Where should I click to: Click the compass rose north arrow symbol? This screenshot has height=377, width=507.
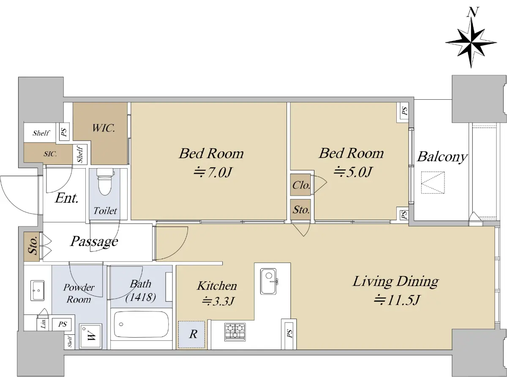pos(471,43)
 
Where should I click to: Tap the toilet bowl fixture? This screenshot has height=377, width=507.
pos(105,182)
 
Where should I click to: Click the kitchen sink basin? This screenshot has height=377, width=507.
pos(269,281)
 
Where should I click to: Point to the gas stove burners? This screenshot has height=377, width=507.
pos(235,332)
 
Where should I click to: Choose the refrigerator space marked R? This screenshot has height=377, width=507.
pos(191,335)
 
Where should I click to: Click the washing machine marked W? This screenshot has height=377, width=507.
pos(90,336)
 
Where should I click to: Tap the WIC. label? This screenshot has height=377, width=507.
pos(104,128)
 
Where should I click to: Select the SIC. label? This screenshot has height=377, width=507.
pos(50,154)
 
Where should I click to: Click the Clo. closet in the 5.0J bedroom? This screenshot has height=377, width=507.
pos(300,185)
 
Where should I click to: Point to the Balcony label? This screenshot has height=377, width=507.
pos(442,157)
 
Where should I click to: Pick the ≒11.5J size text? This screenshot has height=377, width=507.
pos(397,300)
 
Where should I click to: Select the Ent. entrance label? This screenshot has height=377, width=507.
pos(67,198)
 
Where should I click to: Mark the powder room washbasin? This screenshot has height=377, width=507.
pos(37,290)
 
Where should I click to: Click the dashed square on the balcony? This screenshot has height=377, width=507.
pos(433,183)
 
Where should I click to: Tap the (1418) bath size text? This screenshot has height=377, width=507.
pos(141,298)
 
